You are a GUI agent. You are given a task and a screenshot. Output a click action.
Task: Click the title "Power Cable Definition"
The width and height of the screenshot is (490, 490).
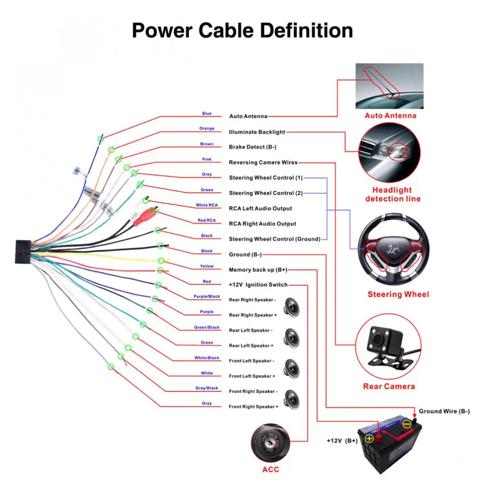click(242, 31)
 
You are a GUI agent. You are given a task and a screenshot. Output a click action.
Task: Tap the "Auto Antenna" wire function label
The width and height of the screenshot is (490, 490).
click(248, 116)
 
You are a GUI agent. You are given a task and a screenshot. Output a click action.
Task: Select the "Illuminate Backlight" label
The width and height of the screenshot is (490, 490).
click(257, 132)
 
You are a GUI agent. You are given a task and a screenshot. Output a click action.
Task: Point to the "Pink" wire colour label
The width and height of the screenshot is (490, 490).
click(207, 160)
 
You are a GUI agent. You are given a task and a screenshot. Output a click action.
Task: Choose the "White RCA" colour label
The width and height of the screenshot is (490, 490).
click(206, 205)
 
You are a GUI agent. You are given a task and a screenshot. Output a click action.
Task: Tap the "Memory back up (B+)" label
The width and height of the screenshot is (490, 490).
click(258, 270)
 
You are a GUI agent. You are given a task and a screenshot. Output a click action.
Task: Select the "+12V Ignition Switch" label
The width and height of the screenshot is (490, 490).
click(258, 285)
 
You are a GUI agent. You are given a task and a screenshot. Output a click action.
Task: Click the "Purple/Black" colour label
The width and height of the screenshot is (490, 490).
click(207, 297)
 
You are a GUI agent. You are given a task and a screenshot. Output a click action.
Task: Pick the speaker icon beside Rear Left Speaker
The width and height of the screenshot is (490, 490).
click(293, 338)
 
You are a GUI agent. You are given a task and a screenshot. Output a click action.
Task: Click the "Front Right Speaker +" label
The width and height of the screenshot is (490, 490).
click(253, 407)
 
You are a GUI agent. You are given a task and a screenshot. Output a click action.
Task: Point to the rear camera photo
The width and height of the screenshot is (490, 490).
click(389, 347)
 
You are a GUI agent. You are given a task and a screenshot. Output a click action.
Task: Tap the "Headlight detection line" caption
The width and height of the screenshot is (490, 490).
click(392, 195)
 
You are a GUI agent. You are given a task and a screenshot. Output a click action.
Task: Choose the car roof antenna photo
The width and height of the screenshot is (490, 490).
click(390, 86)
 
